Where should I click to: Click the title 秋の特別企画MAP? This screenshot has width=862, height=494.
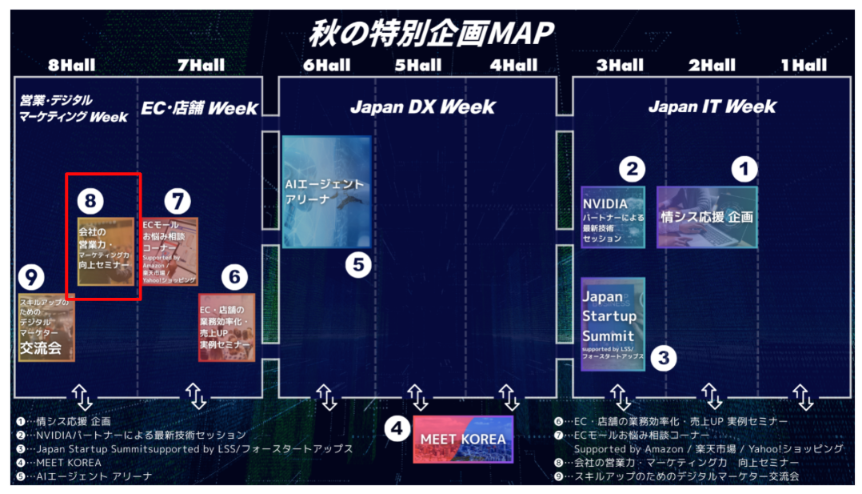tap(432, 33)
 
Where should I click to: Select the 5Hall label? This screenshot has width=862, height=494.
tap(417, 65)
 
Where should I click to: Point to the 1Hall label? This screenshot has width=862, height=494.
tap(804, 65)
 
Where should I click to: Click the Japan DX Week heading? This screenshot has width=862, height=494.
tap(423, 106)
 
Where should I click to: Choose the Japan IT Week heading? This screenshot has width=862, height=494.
tap(712, 106)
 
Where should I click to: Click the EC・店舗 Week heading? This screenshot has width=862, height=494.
tap(200, 108)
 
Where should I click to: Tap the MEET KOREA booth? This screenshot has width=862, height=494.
tap(463, 439)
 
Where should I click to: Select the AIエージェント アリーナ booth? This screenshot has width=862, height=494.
tap(326, 192)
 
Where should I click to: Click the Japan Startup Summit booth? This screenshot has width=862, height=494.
tap(613, 323)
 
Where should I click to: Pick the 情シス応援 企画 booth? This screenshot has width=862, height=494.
tap(707, 217)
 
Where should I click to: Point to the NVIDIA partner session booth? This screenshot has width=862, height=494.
tap(613, 217)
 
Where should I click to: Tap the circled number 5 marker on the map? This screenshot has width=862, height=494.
tap(358, 264)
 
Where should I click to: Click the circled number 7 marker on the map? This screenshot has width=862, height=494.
tap(178, 201)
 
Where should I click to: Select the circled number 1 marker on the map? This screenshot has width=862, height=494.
tap(744, 169)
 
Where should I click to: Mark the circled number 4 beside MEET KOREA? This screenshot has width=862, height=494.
tap(397, 429)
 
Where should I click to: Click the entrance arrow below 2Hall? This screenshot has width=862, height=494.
tap(711, 396)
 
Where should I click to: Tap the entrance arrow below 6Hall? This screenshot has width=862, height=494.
tap(325, 396)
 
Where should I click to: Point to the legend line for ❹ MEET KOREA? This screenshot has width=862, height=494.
tap(59, 462)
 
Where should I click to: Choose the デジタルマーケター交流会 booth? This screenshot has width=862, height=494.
tap(46, 328)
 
